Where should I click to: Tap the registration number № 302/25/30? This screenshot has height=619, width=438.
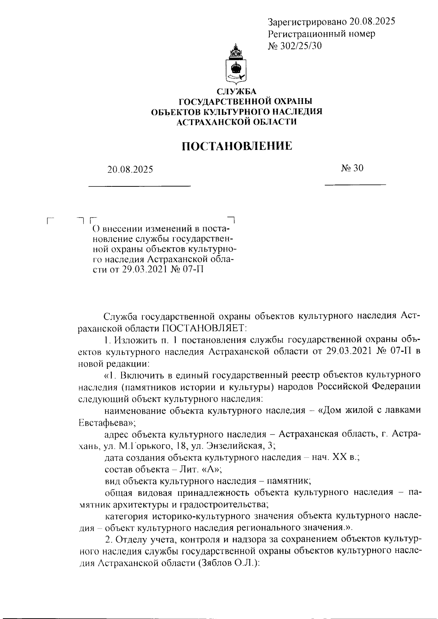click(x=295, y=46)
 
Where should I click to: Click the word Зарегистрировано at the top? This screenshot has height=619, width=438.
click(x=307, y=22)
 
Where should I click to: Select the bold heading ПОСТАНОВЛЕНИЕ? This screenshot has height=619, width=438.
click(x=237, y=146)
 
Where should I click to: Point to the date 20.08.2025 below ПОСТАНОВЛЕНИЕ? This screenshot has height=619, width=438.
click(x=130, y=170)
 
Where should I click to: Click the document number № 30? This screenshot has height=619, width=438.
click(x=353, y=168)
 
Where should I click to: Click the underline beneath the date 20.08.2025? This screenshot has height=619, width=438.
click(x=140, y=186)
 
